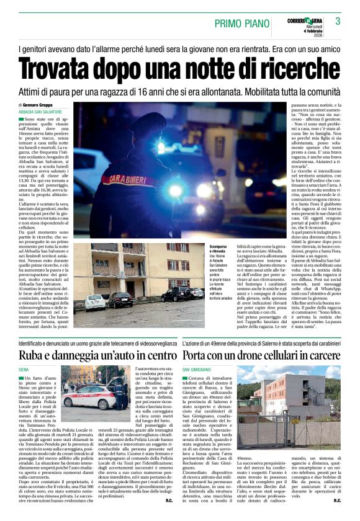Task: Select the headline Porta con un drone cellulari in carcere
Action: click(x=261, y=355)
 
